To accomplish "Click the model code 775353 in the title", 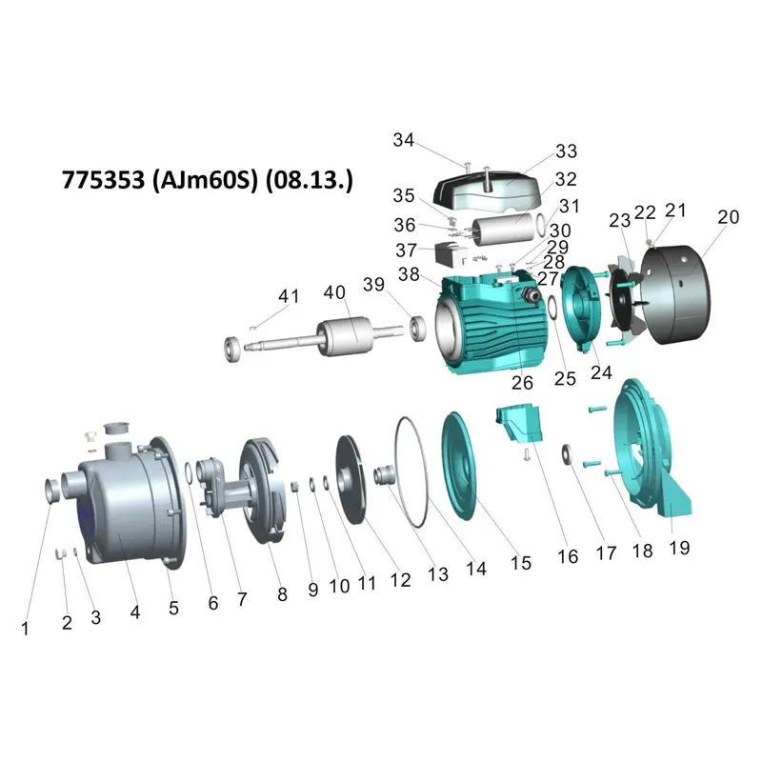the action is (103, 180).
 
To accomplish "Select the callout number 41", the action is (289, 296).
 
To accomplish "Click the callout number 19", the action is (679, 548).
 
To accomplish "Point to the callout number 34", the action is (403, 140).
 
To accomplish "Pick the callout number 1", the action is (25, 629).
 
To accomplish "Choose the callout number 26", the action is (522, 383).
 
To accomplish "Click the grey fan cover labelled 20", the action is (675, 294).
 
